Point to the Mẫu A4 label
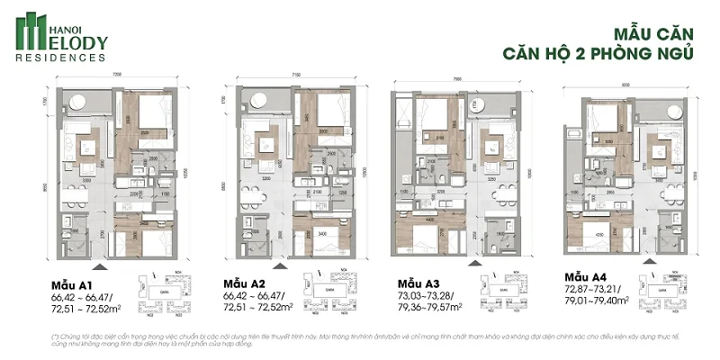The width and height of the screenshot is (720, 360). [x=586, y=276]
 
